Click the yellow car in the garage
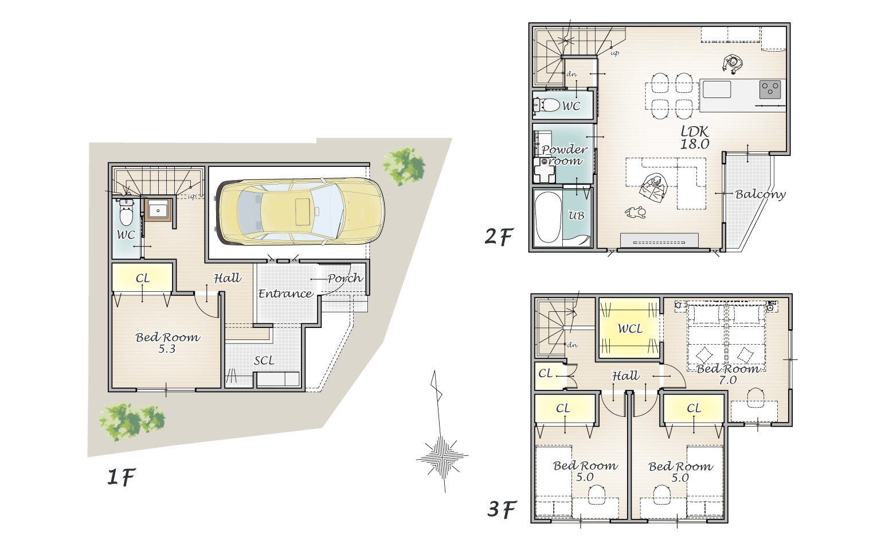301,212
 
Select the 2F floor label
499,237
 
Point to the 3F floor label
502,509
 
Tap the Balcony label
760,194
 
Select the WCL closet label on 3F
630,329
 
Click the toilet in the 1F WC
127,213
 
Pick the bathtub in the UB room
548,217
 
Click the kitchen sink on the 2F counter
716,89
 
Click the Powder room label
564,155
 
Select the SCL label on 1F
264,361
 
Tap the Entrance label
285,294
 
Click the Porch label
345,278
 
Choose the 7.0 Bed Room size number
727,380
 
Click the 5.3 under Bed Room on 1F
167,349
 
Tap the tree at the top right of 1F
404,166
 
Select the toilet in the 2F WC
547,106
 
